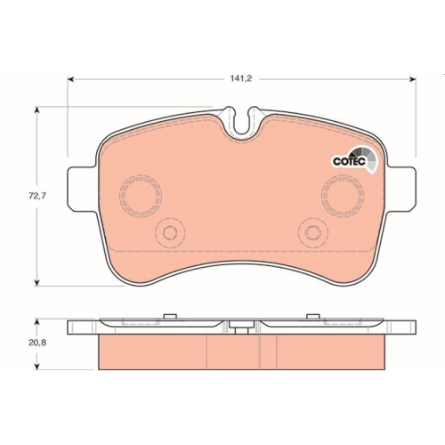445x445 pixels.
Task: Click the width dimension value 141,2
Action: click(x=241, y=78)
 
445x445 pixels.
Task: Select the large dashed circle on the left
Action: click(x=137, y=193)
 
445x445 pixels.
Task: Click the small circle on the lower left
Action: click(x=166, y=233)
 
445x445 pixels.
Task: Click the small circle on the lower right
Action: click(x=312, y=233)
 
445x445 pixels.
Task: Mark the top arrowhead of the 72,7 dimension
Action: click(x=36, y=109)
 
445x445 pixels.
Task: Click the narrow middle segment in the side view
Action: click(x=240, y=353)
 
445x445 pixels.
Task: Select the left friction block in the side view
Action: click(x=151, y=353)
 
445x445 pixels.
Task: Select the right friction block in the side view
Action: click(x=328, y=353)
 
